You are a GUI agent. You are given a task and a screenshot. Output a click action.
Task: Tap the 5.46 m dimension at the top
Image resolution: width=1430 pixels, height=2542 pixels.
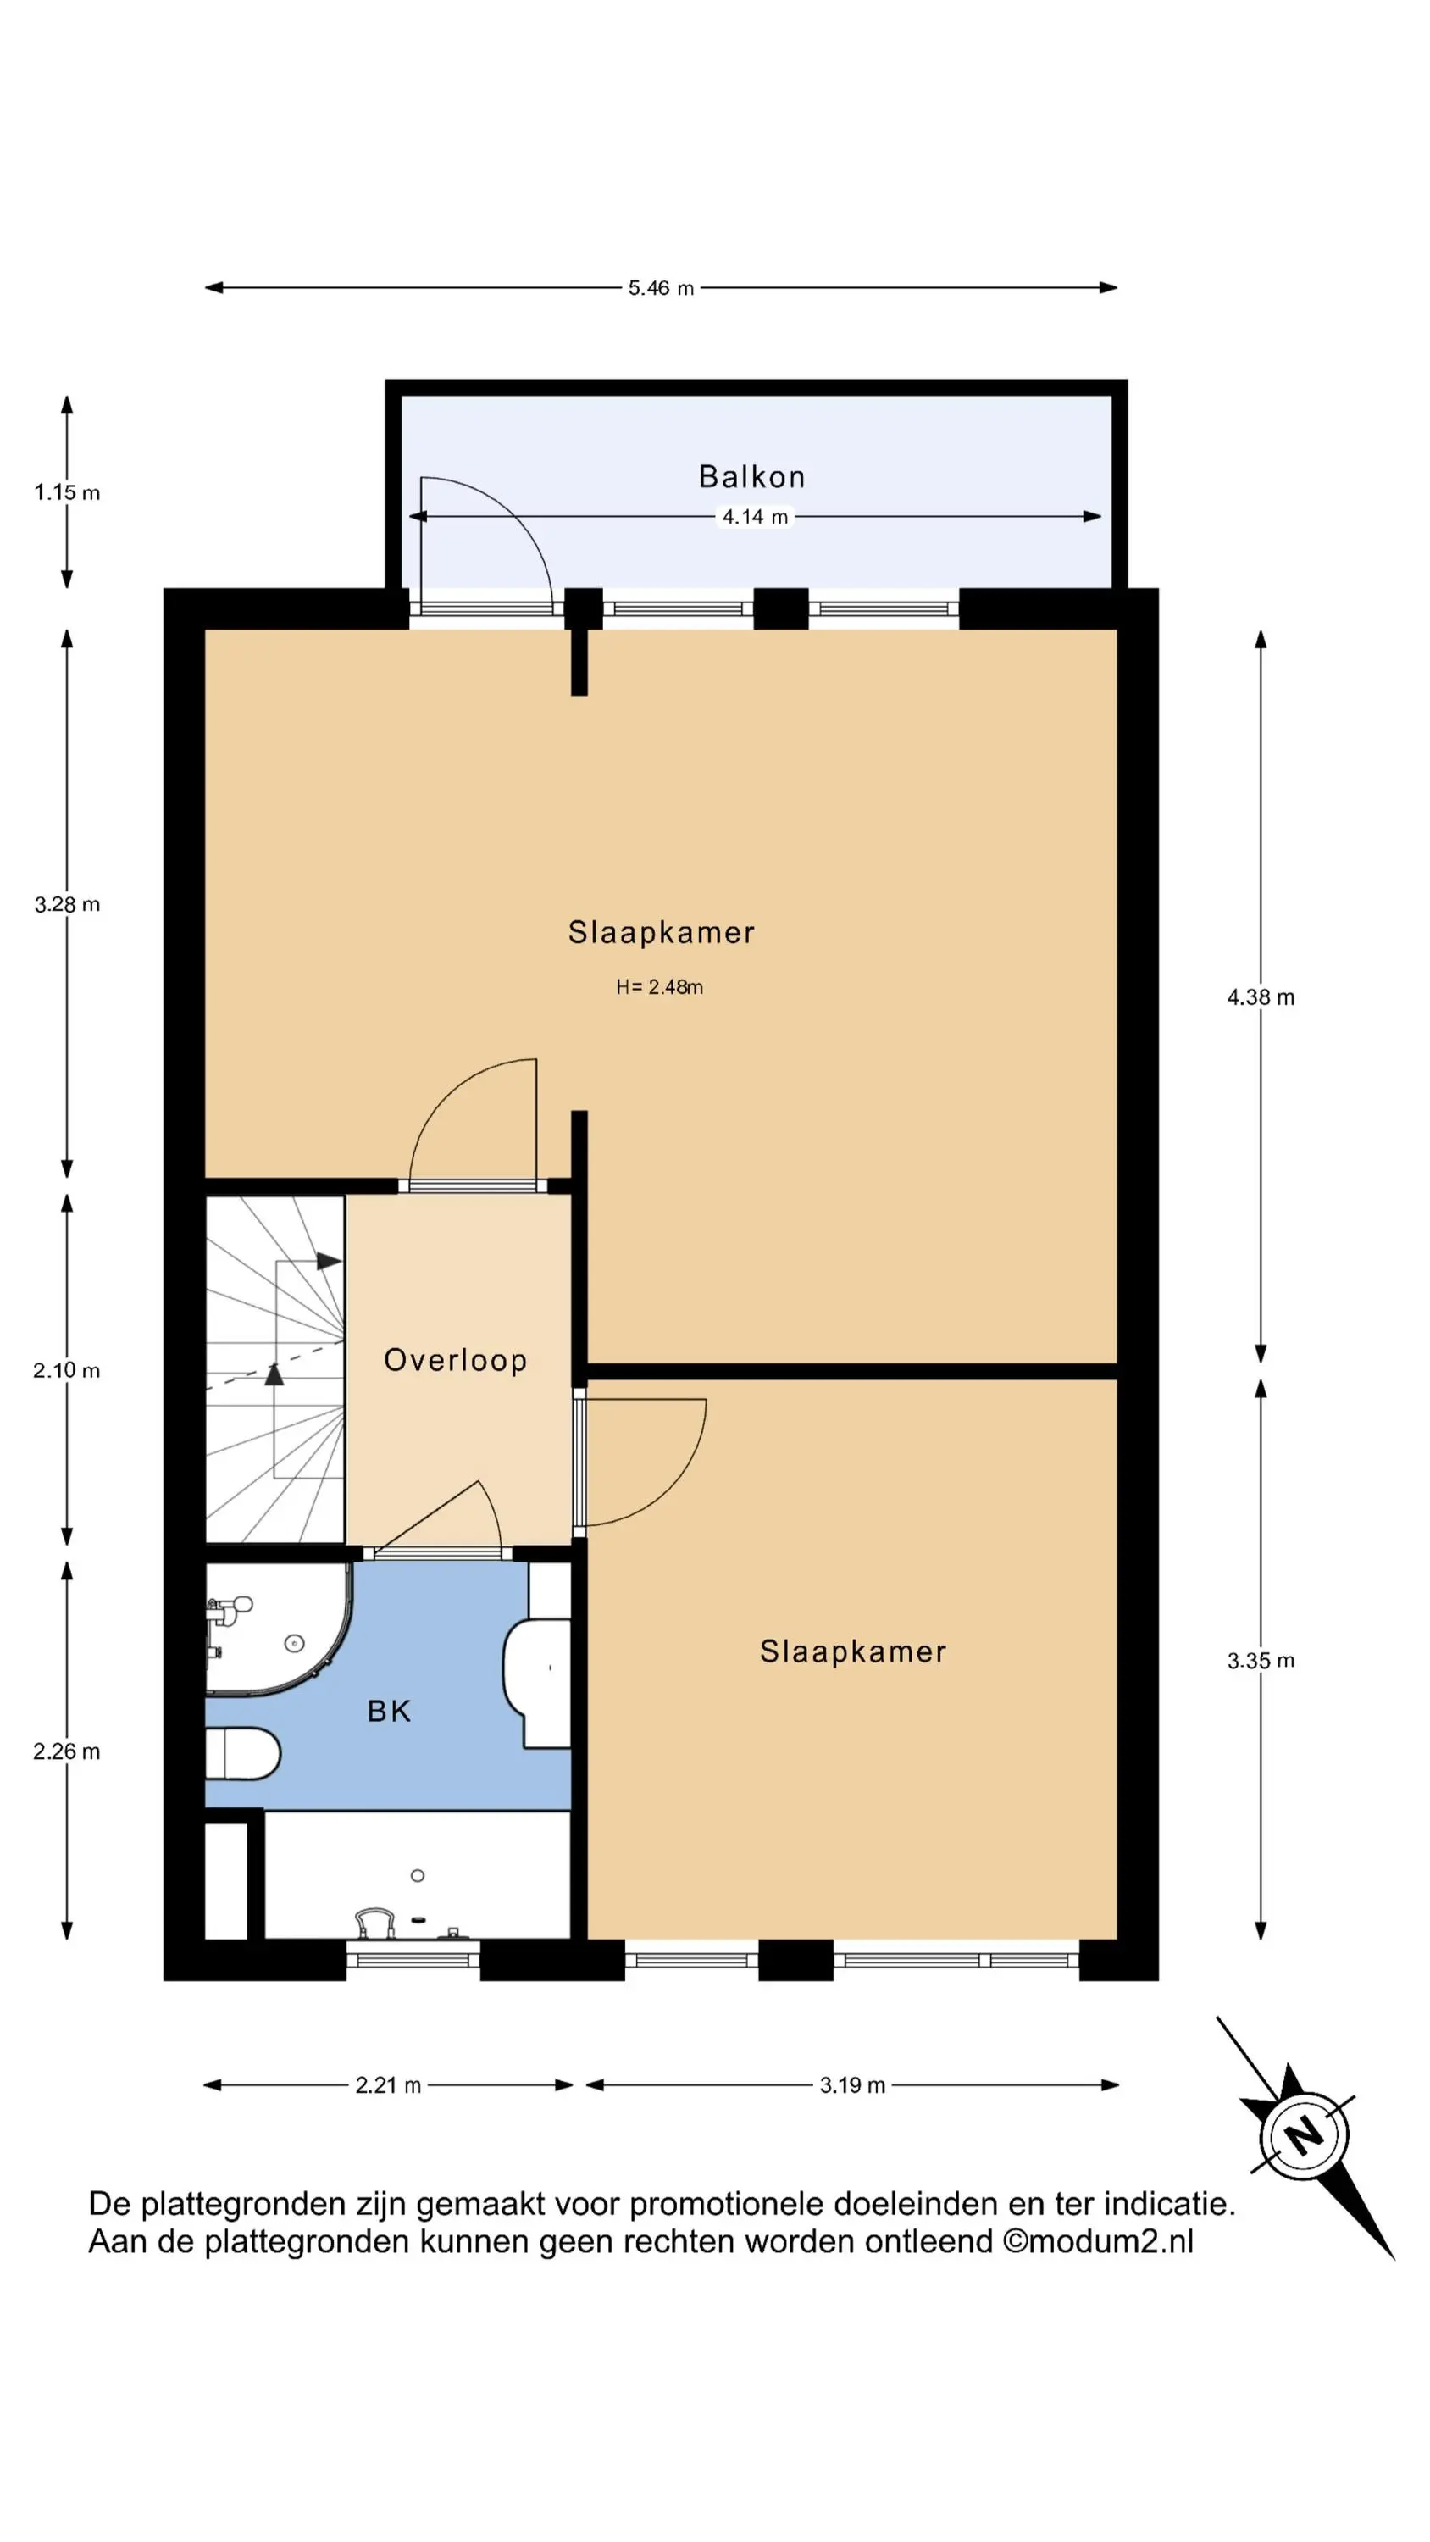tap(662, 288)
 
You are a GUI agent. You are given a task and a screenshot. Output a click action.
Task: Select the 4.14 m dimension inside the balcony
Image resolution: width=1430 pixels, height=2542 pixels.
tap(755, 516)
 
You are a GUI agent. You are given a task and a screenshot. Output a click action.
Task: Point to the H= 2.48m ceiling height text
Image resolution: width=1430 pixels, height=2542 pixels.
tap(659, 987)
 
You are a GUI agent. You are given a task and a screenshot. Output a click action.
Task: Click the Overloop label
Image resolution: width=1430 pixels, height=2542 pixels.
tap(455, 1360)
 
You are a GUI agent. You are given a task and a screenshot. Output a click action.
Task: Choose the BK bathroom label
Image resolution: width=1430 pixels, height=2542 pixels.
tap(389, 1711)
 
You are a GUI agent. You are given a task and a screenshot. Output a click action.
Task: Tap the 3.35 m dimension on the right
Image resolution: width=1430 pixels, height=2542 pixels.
tap(1261, 1661)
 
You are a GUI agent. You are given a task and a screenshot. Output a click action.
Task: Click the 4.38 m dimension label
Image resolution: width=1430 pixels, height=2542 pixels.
tap(1261, 997)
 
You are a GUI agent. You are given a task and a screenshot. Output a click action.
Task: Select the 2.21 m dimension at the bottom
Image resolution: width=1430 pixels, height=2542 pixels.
tap(388, 2085)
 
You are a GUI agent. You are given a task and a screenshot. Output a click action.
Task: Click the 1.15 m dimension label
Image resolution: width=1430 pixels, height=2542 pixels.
tap(67, 492)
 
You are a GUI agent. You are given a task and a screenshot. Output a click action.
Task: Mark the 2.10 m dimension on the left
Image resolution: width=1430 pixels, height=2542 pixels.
tap(66, 1371)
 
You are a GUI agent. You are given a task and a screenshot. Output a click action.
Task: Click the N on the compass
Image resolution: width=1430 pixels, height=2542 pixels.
tap(1305, 2136)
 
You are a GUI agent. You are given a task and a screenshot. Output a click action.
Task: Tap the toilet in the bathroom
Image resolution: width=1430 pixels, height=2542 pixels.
tap(243, 1753)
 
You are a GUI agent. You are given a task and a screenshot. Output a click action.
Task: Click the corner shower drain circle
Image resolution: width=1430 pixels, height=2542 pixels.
tap(294, 1643)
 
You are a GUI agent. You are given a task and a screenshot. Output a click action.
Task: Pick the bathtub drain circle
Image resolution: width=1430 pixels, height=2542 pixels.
tap(418, 1875)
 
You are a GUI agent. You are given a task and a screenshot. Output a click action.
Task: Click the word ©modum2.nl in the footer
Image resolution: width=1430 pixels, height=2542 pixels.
tap(1097, 2241)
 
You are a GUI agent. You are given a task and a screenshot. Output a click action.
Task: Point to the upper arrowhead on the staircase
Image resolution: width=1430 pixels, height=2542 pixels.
tap(329, 1261)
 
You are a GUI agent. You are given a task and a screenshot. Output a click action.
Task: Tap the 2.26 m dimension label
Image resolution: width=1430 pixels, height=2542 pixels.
tap(66, 1751)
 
